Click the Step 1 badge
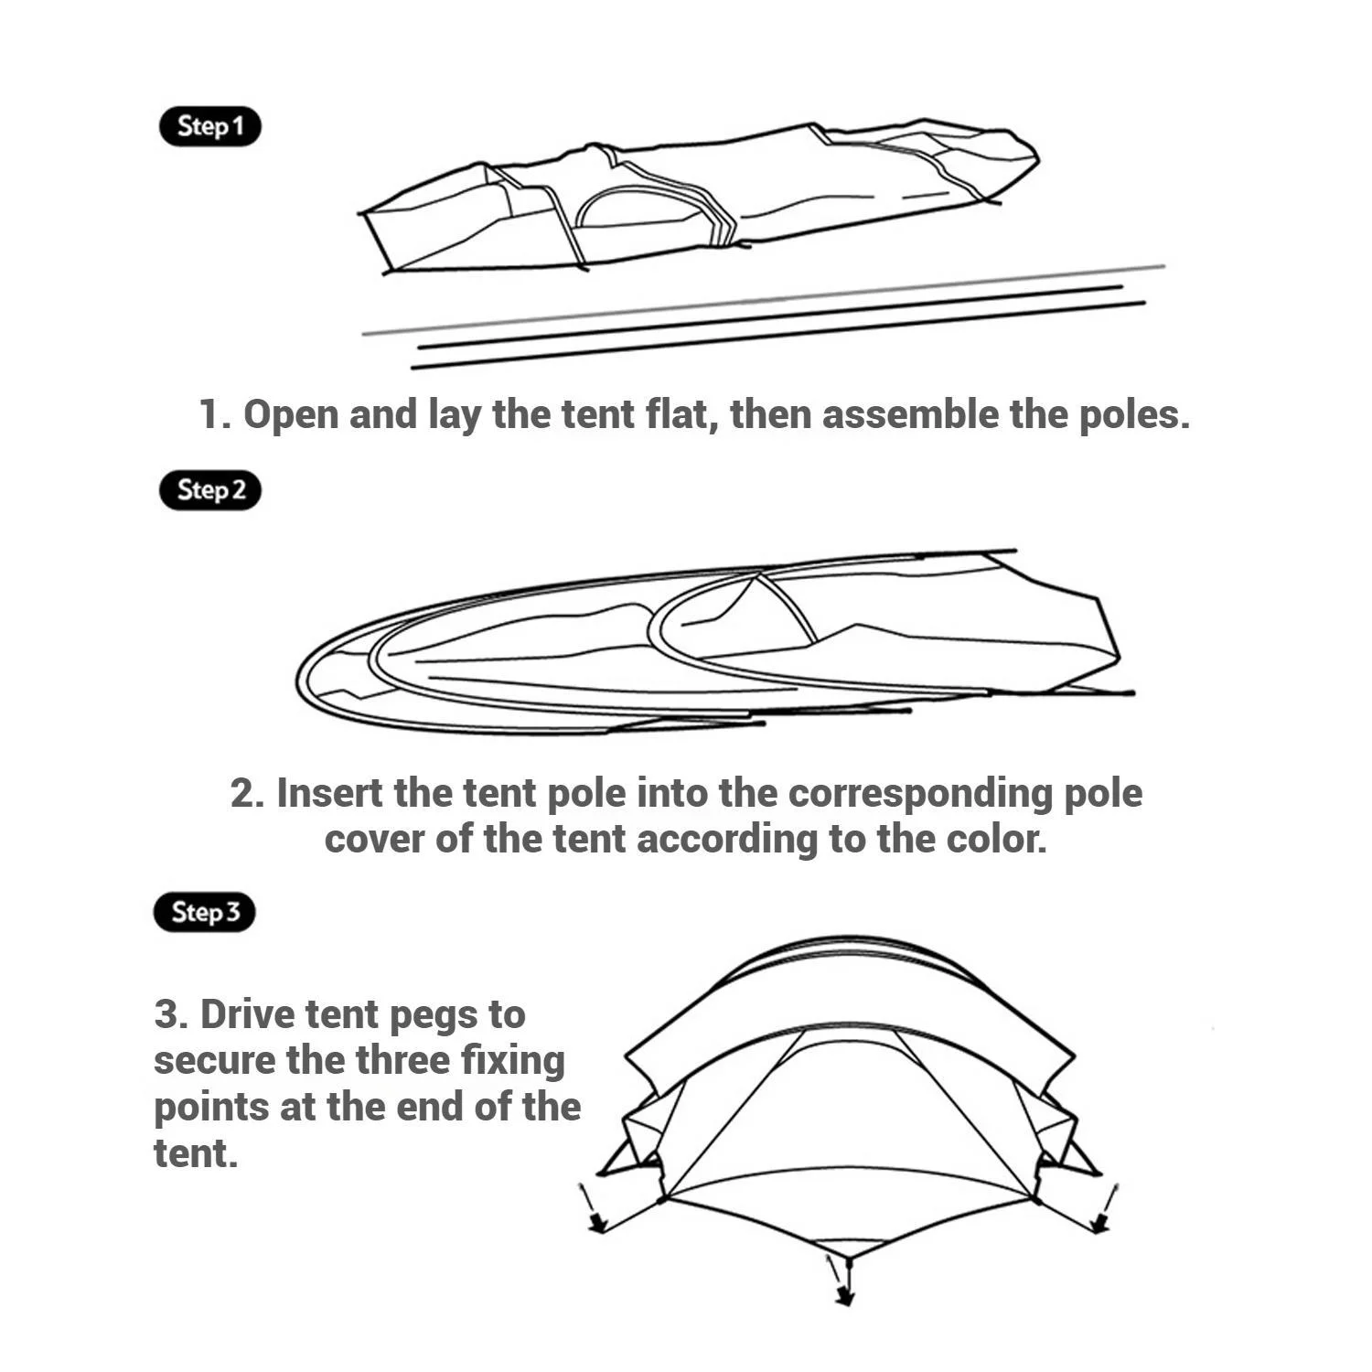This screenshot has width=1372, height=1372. tap(210, 126)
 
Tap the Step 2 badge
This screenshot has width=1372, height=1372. tap(210, 490)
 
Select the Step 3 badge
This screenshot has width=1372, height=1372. tap(204, 912)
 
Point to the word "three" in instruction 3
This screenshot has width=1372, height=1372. tap(402, 1060)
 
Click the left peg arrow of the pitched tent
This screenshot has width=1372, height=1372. tap(591, 1207)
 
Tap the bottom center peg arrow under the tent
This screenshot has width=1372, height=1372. tap(839, 1279)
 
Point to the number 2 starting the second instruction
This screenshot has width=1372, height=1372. tap(245, 793)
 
